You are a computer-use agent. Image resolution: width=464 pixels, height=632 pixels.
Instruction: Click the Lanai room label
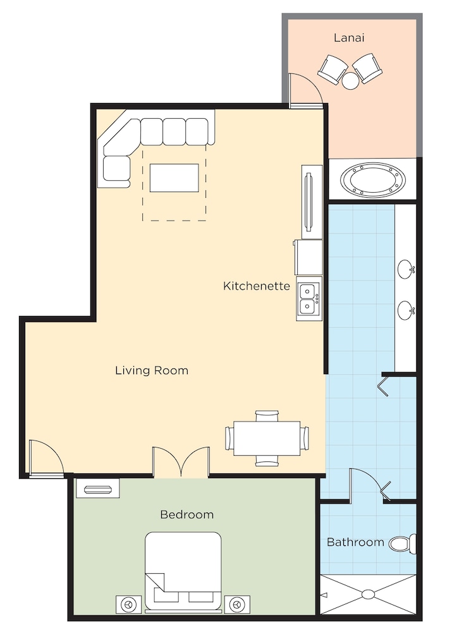coord(349,38)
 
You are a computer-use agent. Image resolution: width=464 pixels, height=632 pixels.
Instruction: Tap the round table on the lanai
coord(350,80)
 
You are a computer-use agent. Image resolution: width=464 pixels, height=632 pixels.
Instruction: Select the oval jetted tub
coord(372,179)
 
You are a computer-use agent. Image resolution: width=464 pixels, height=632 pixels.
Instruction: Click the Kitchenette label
coord(257,286)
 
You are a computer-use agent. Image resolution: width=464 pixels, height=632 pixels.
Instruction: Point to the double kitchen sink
coord(309,299)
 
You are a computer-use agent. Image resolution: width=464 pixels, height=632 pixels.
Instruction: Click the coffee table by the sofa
coord(174,178)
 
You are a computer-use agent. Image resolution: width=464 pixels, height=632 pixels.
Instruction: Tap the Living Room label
coord(152,370)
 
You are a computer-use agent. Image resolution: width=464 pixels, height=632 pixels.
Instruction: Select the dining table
coord(267,438)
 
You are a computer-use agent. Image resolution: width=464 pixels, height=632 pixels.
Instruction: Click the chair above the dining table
coord(267,416)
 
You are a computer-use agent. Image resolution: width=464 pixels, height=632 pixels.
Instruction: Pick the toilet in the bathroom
coord(403,543)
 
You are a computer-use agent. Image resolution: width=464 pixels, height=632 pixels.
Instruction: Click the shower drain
coord(368,594)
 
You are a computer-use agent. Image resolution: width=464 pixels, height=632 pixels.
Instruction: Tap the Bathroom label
coord(355,542)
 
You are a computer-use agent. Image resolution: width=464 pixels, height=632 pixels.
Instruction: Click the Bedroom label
coord(186,514)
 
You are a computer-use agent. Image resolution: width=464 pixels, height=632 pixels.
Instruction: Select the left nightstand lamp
coord(128,605)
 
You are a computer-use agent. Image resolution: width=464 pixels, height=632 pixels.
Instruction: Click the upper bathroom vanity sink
coord(406,269)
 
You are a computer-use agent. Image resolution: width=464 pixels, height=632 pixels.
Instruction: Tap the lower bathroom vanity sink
coord(406,311)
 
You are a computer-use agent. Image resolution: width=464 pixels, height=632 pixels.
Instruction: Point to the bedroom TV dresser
coord(98,488)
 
